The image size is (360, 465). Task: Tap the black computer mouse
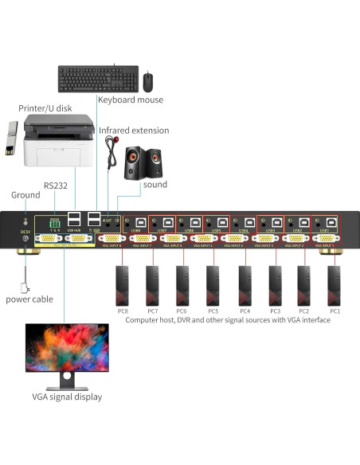pos(148,80)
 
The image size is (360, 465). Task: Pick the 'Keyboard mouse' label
pos(130,100)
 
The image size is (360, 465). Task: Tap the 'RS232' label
pos(56,185)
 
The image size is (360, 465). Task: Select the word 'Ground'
pos(25,195)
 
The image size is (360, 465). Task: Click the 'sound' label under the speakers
pos(155,185)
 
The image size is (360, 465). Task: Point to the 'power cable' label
pos(29,299)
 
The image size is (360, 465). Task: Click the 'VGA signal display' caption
pos(66,396)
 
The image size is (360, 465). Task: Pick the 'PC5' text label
pos(213,311)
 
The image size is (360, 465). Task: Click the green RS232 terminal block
pos(55,222)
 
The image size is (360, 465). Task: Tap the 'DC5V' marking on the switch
pos(24,232)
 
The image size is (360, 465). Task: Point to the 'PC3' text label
pos(273,311)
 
